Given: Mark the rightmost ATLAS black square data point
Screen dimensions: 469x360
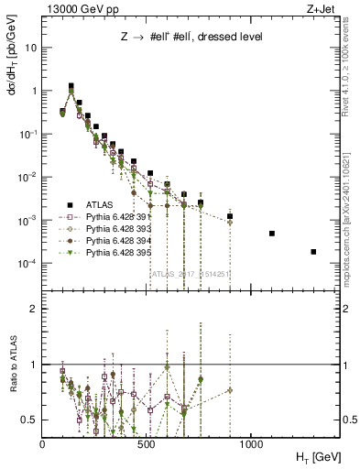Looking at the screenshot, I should pos(313,251).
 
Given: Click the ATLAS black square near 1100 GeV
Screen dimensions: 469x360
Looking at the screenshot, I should pos(272,234).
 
